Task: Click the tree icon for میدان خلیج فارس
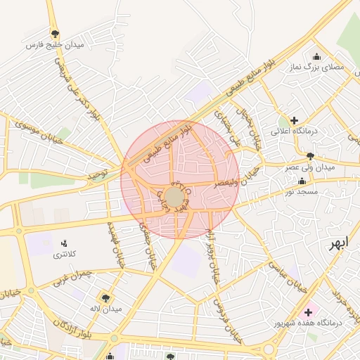point(55,33)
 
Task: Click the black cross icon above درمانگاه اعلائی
point(294,120)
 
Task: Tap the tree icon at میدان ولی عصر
point(310,156)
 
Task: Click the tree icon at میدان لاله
point(106,297)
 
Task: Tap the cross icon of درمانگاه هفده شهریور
point(307,311)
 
